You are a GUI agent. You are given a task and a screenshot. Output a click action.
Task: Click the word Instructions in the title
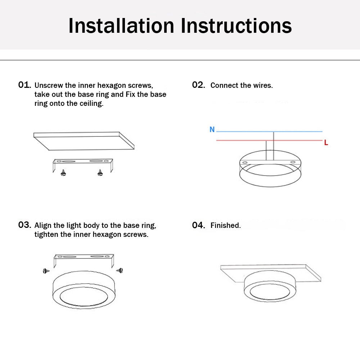tap(236, 26)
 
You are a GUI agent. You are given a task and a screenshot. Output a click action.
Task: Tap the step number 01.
tap(24, 85)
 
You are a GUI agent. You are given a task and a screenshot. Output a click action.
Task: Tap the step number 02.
tap(198, 85)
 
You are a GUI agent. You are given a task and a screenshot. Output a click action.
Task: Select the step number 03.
tap(24, 225)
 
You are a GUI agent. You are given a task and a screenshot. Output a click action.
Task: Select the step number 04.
tap(198, 225)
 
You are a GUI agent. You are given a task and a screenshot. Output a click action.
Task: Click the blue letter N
tap(212, 130)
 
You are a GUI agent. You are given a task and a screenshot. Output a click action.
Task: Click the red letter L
tap(326, 143)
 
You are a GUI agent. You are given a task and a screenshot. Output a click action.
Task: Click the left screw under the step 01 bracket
tap(64, 172)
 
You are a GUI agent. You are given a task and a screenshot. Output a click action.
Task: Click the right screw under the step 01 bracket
tap(100, 172)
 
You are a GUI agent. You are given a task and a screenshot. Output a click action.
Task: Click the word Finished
tap(226, 225)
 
